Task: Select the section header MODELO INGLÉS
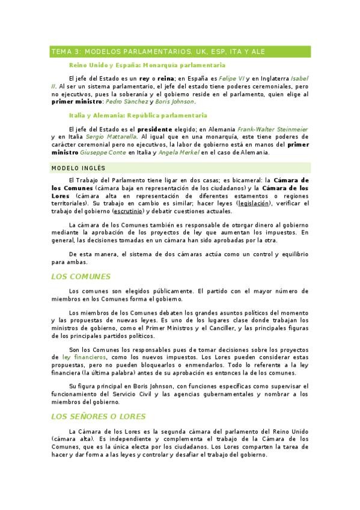(x=78, y=168)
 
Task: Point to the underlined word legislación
(x=255, y=203)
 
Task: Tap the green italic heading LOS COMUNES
(x=81, y=277)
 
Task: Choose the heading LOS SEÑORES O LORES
(x=99, y=416)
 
